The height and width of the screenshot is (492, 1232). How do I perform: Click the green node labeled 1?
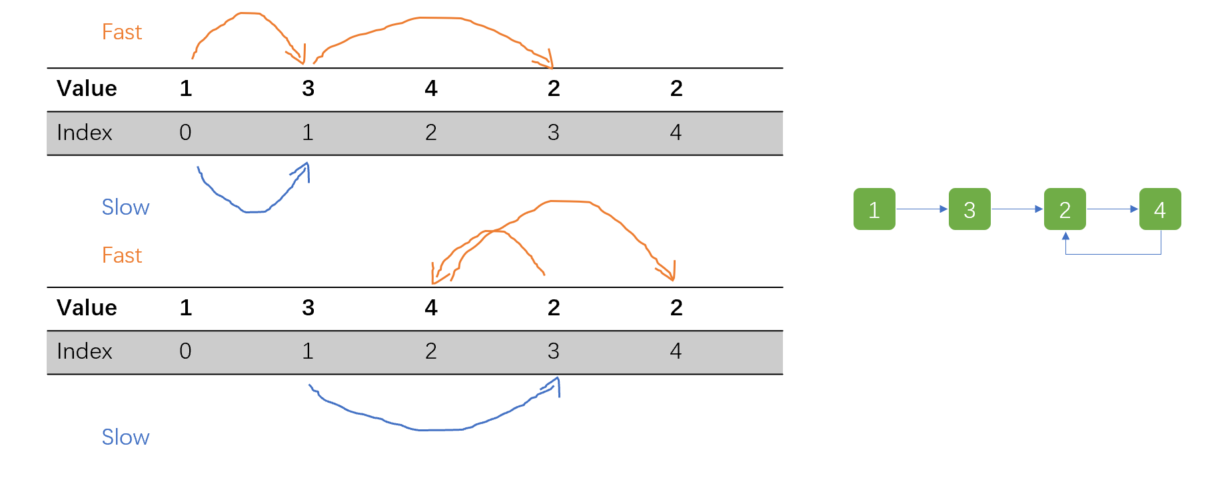pos(874,209)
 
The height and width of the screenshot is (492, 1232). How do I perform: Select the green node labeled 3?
pos(969,209)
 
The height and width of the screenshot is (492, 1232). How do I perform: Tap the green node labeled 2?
pos(1065,209)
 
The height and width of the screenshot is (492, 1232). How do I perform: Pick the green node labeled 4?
pos(1160,209)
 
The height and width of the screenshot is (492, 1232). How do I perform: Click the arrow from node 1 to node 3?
pos(922,209)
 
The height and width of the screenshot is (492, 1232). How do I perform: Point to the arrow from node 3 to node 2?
pos(1017,209)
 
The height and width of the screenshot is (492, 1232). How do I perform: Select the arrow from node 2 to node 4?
pos(1112,209)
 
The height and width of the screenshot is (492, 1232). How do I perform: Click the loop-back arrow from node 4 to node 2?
pos(1113,254)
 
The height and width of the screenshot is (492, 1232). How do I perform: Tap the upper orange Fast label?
pos(122,32)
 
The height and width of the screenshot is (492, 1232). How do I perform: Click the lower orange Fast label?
pos(122,255)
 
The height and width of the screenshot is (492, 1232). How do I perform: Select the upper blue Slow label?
pos(125,207)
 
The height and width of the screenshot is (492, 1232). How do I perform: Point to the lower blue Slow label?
pos(125,437)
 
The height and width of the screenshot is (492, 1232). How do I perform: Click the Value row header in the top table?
pos(87,89)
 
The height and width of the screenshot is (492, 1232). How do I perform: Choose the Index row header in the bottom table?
pos(85,351)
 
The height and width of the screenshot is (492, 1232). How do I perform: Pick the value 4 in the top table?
pos(431,89)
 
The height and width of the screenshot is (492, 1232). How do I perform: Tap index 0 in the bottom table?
pos(185,351)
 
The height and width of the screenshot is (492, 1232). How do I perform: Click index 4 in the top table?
pos(676,133)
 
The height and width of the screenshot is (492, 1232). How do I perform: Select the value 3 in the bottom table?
pos(308,308)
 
